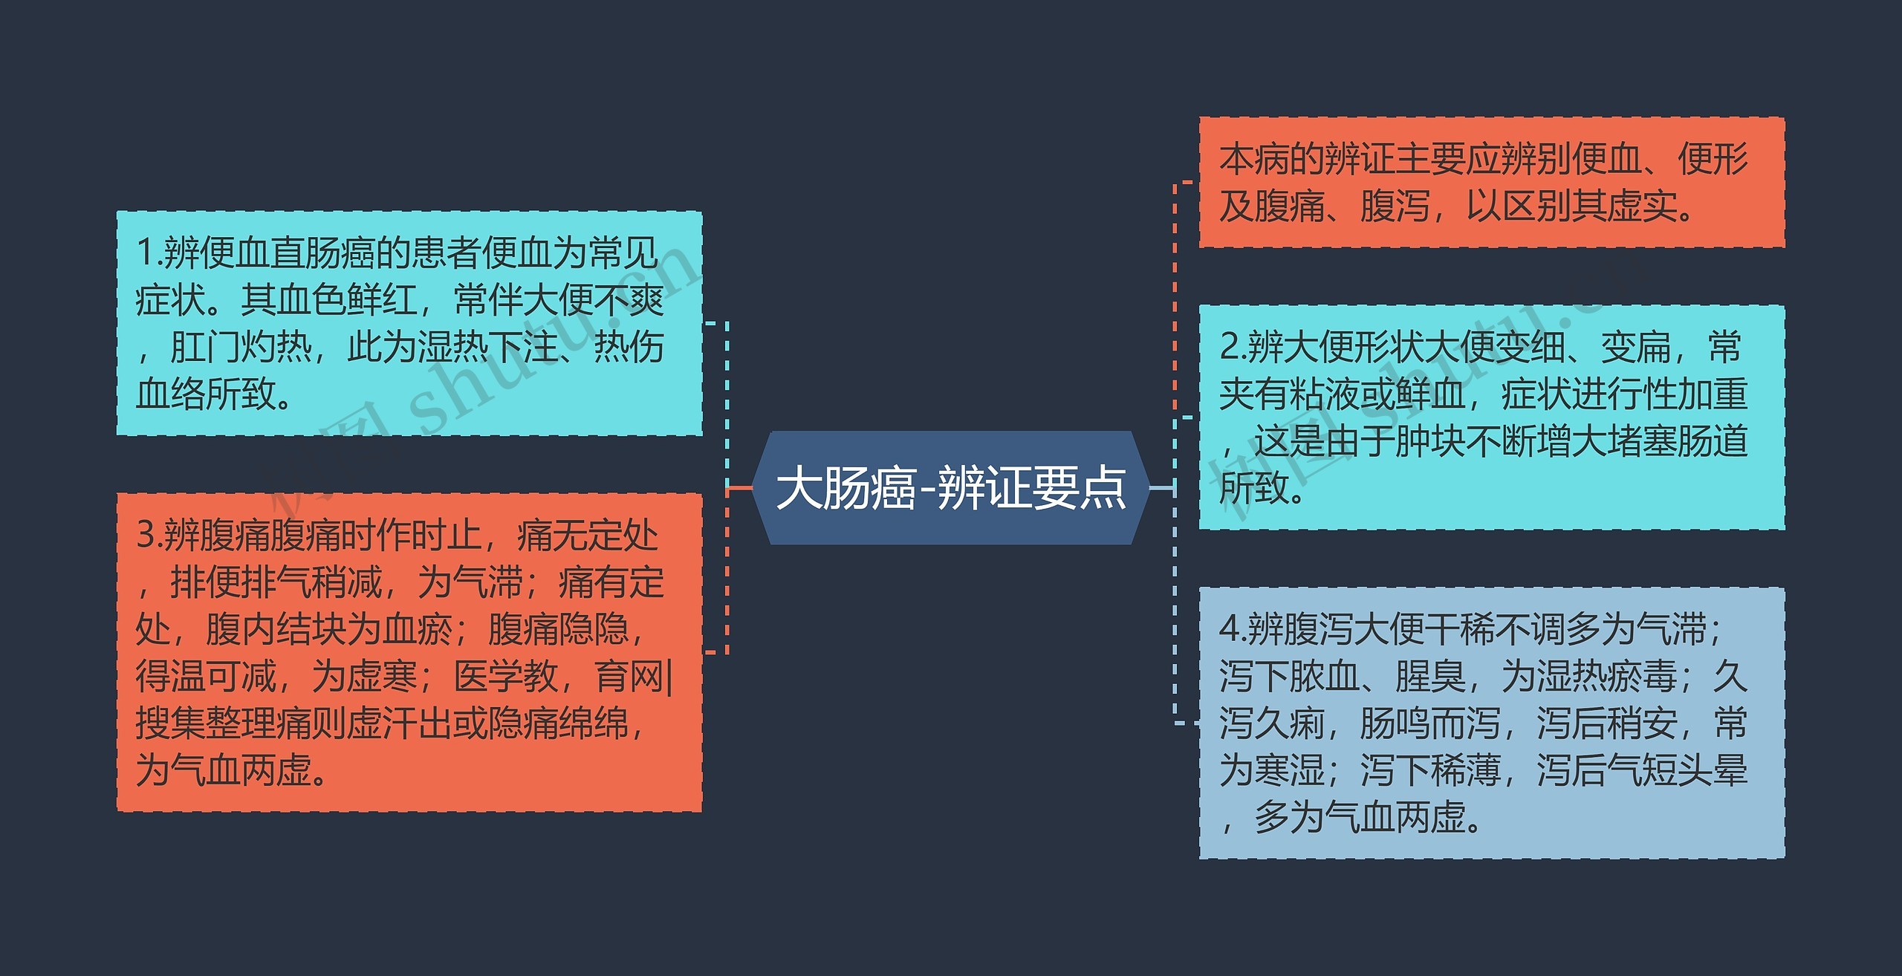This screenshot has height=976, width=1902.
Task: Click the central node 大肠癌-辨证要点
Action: [x=951, y=488]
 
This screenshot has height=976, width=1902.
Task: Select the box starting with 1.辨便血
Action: [x=409, y=323]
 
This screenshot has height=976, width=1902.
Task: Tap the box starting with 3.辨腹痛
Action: [x=409, y=651]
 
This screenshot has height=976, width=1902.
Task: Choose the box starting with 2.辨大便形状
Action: [x=1491, y=417]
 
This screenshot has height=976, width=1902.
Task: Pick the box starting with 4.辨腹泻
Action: [x=1491, y=723]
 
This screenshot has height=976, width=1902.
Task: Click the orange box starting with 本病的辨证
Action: [x=1491, y=182]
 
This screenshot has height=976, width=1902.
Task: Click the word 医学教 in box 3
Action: [x=505, y=676]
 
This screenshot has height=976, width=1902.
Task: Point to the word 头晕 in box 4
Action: [x=1712, y=770]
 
